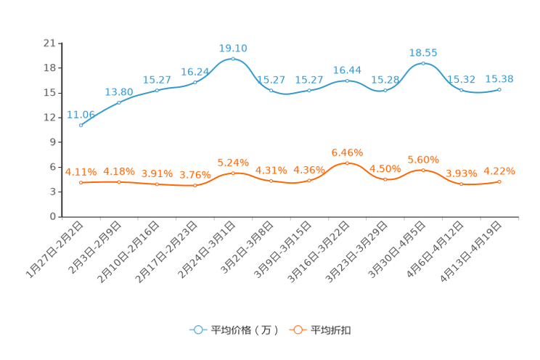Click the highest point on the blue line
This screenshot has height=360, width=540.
click(x=233, y=58)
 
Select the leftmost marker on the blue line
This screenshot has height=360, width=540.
click(x=81, y=126)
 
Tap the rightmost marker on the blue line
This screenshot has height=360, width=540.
click(x=499, y=89)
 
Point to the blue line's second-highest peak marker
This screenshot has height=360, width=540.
click(x=423, y=64)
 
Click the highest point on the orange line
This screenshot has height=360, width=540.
click(x=347, y=163)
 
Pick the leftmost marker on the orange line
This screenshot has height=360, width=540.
click(x=81, y=182)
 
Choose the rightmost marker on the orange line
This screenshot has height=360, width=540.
click(x=499, y=181)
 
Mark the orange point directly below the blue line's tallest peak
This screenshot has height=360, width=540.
click(x=233, y=172)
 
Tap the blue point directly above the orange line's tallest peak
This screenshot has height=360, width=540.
click(x=347, y=80)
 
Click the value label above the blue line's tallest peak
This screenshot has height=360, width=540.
click(x=233, y=48)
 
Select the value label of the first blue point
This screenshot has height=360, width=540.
click(x=81, y=115)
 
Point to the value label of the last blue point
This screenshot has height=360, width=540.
click(x=499, y=78)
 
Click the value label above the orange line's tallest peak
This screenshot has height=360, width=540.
click(x=347, y=152)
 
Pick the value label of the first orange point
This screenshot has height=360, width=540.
click(x=81, y=171)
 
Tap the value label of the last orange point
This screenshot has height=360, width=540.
click(x=499, y=171)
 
